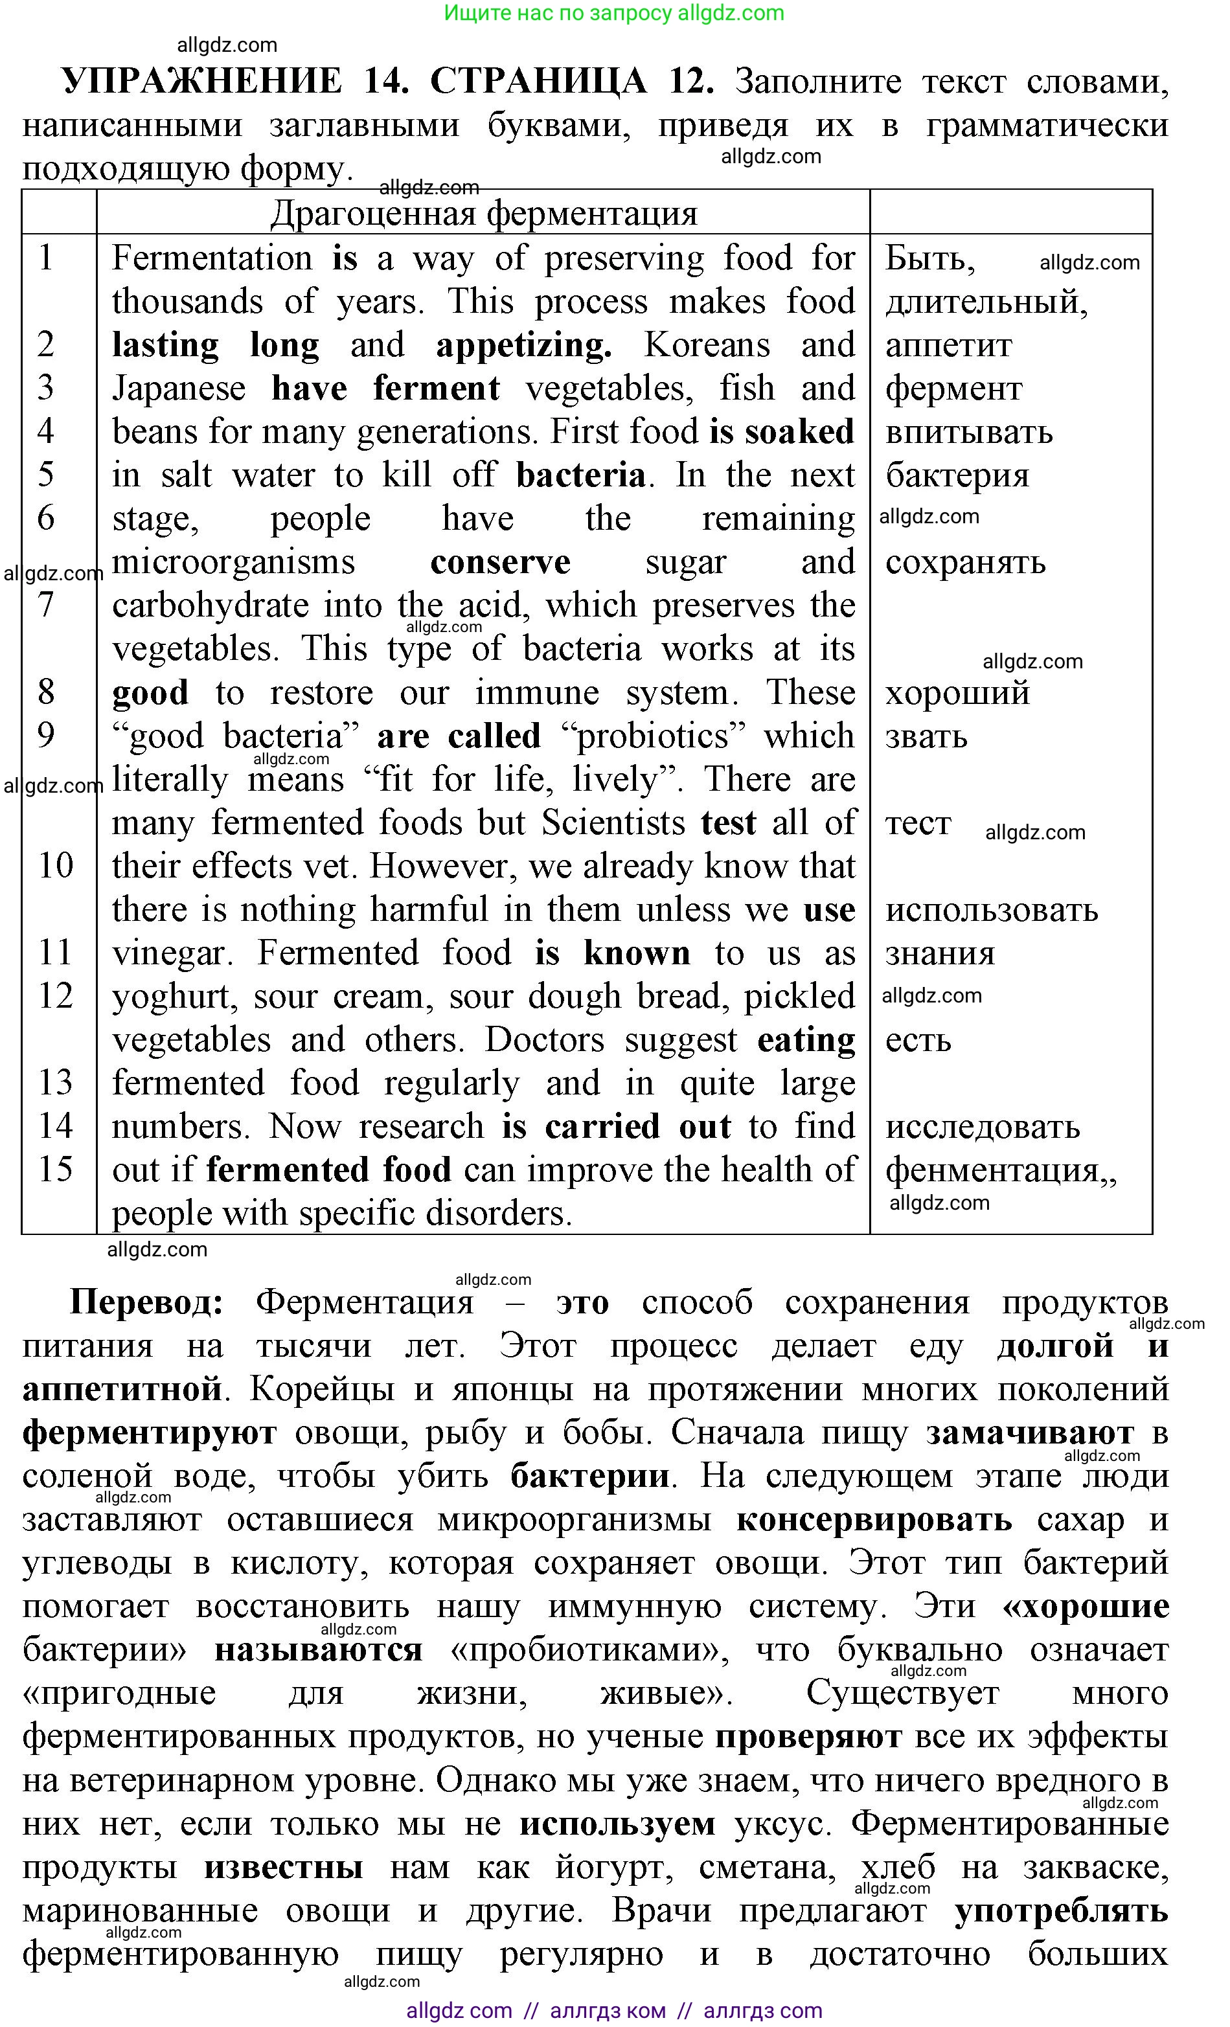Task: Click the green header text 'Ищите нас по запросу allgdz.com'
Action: click(614, 13)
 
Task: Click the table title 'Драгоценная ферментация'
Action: click(484, 214)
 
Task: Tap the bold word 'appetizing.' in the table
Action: click(524, 346)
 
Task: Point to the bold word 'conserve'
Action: click(500, 562)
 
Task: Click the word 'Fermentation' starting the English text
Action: click(212, 258)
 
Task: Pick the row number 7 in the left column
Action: click(46, 606)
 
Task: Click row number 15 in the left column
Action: click(56, 1169)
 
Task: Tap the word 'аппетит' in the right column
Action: click(948, 346)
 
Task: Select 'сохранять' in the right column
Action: click(965, 562)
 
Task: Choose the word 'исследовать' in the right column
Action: click(983, 1126)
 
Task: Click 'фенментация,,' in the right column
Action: click(999, 1170)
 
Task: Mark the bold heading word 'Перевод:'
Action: click(146, 1302)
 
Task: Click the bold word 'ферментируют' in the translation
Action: click(149, 1432)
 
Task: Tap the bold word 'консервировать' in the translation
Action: click(874, 1519)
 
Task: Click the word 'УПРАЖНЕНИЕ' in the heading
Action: click(201, 82)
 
